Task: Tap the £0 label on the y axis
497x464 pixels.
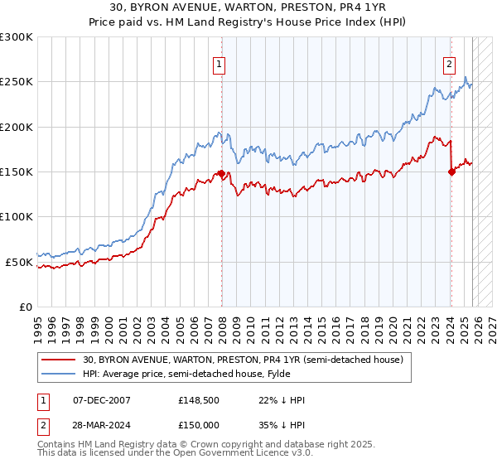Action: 24,307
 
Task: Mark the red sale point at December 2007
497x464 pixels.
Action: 221,173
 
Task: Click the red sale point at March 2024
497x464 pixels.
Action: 451,172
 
